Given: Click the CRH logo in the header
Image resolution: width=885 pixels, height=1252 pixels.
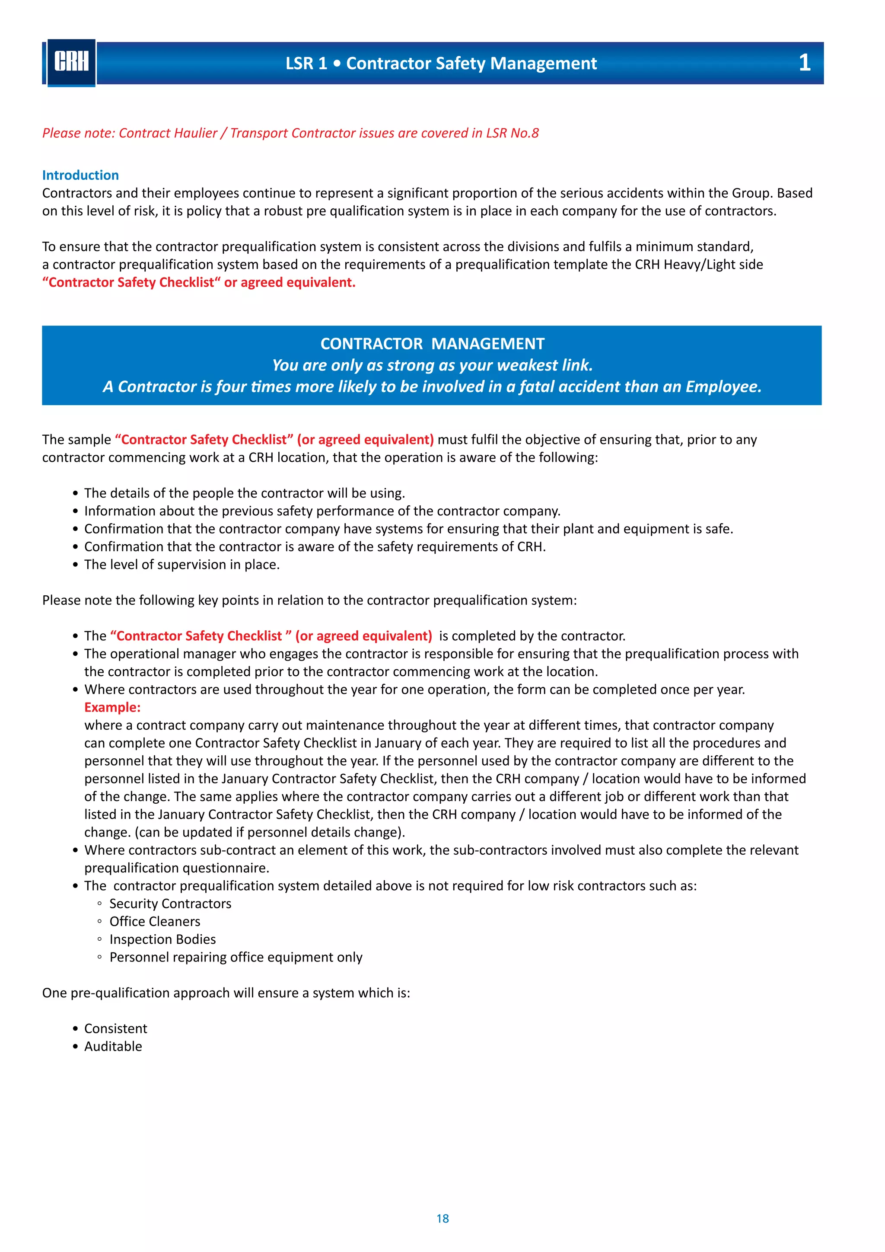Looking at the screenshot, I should pyautogui.click(x=71, y=62).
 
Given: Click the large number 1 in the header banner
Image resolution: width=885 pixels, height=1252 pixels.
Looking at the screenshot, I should pyautogui.click(x=804, y=63).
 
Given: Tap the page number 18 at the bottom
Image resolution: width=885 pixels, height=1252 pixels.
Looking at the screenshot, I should pyautogui.click(x=442, y=1218).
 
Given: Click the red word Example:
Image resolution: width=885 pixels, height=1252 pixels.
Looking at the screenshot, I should pyautogui.click(x=112, y=707).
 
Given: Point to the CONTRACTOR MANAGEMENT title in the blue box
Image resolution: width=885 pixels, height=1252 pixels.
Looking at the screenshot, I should pyautogui.click(x=432, y=344).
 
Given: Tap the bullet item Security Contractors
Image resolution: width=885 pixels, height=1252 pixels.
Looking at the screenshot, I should pyautogui.click(x=170, y=904).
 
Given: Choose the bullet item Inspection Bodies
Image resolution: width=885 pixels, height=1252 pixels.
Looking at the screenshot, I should pyautogui.click(x=162, y=939).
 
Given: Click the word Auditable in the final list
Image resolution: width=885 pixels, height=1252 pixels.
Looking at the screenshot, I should pyautogui.click(x=113, y=1046).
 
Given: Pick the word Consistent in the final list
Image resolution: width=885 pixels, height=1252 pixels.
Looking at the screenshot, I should pyautogui.click(x=115, y=1028).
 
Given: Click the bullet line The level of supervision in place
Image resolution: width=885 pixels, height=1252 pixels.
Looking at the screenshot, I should pyautogui.click(x=181, y=564).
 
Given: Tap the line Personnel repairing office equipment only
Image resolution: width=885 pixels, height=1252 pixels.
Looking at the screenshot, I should pyautogui.click(x=236, y=957).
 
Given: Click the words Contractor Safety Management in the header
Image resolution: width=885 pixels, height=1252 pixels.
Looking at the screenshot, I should pyautogui.click(x=471, y=63).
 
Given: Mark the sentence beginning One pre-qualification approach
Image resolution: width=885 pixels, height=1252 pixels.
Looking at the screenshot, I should pyautogui.click(x=226, y=993).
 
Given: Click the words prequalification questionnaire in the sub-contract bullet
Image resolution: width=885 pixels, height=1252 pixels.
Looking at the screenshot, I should pyautogui.click(x=177, y=868).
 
